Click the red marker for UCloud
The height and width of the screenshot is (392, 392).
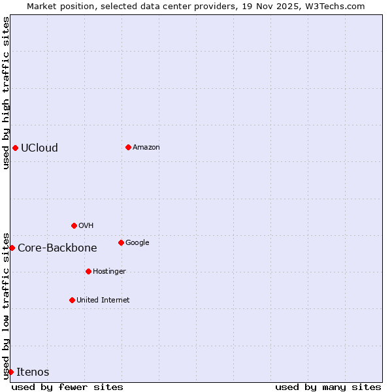[x=15, y=148]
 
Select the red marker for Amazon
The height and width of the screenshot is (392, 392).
[x=128, y=147]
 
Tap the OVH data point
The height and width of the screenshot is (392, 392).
[x=74, y=225]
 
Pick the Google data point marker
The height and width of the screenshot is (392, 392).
[x=121, y=242]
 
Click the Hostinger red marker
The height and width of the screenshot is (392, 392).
[x=88, y=271]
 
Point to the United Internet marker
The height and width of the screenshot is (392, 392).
[x=72, y=300]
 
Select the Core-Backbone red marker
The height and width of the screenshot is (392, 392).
[x=12, y=248]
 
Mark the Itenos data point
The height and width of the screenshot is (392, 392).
[x=10, y=372]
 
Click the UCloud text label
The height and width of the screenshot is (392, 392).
[x=39, y=148]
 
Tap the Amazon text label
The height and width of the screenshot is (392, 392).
[x=146, y=147]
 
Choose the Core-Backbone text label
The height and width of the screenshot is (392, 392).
[x=57, y=248]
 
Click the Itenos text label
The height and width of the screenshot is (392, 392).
[x=33, y=372]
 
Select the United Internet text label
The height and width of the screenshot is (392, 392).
[x=103, y=300]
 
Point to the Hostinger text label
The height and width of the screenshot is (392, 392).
[x=109, y=271]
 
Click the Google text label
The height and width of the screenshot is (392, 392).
[x=137, y=242]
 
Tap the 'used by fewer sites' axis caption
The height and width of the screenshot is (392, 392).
[x=67, y=387]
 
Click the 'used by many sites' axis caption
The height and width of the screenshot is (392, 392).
[x=328, y=387]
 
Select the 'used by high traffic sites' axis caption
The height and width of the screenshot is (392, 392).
[x=6, y=93]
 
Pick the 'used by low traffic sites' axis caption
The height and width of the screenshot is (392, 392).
[x=6, y=305]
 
